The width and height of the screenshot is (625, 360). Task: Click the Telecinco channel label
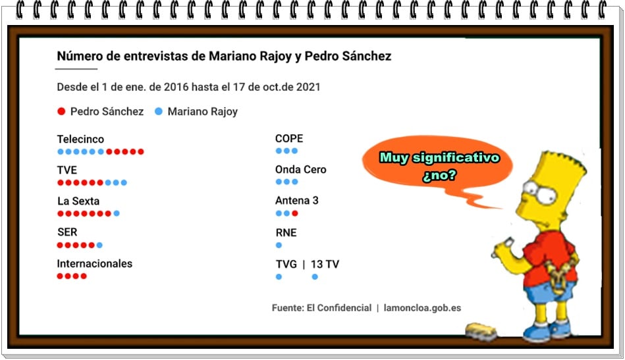point(80,139)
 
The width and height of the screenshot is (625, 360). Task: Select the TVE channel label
point(67,170)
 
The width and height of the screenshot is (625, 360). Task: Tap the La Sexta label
point(78,201)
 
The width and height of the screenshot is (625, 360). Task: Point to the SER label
point(67,232)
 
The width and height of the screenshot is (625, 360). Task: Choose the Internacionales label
point(94,264)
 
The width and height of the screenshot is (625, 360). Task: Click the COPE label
point(289,139)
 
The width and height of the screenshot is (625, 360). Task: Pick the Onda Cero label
point(300,170)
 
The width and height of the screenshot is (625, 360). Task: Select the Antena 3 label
point(296,200)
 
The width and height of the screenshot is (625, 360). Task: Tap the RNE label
point(286,232)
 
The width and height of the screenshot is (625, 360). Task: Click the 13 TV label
point(325,265)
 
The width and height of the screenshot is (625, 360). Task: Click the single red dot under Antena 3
point(295,213)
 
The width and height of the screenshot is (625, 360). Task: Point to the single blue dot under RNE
point(279,245)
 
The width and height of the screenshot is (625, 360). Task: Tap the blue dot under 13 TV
point(315,277)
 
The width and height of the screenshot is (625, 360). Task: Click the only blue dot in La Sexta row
point(117,213)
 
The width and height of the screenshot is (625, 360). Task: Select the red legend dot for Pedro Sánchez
point(61,111)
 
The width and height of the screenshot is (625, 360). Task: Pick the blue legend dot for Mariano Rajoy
point(159,111)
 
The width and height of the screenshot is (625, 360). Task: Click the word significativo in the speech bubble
point(456,158)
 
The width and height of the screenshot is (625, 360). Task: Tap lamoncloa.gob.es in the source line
point(422,308)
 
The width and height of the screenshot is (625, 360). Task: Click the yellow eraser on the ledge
point(481,330)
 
